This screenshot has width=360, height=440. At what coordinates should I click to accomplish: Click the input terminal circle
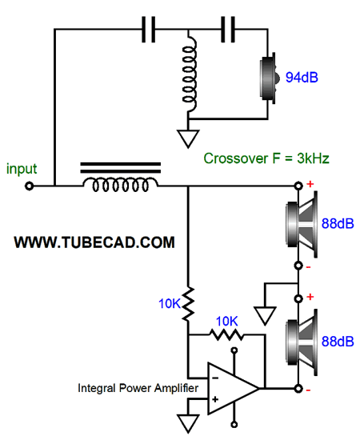point(29,186)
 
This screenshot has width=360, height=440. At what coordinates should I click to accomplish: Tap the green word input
point(22,169)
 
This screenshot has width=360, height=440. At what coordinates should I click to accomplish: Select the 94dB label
point(302,77)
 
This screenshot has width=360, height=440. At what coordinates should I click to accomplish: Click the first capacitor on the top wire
point(149,29)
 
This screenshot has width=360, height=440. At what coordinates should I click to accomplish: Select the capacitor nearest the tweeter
point(228,29)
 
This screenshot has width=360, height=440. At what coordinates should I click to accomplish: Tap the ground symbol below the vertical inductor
point(188,138)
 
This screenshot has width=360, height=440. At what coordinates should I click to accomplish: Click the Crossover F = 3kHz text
point(266,158)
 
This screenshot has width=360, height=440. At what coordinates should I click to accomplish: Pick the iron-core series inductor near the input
point(121,178)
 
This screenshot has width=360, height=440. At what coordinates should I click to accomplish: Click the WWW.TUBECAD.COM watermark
point(94,242)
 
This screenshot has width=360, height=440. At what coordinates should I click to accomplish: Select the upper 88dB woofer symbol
point(302,224)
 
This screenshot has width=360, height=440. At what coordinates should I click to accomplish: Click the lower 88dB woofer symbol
point(302,342)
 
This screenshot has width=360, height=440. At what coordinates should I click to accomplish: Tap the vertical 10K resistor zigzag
point(188,304)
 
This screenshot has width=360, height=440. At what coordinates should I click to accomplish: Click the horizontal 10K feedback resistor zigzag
point(226,334)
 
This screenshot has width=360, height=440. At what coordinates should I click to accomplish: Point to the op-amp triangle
point(234,389)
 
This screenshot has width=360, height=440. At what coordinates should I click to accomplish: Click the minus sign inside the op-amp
point(215,378)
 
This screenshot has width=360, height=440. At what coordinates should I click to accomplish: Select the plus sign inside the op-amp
point(215,399)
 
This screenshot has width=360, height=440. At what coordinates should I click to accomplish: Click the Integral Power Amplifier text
point(138,388)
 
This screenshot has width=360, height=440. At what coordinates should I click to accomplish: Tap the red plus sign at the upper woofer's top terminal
point(310,184)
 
